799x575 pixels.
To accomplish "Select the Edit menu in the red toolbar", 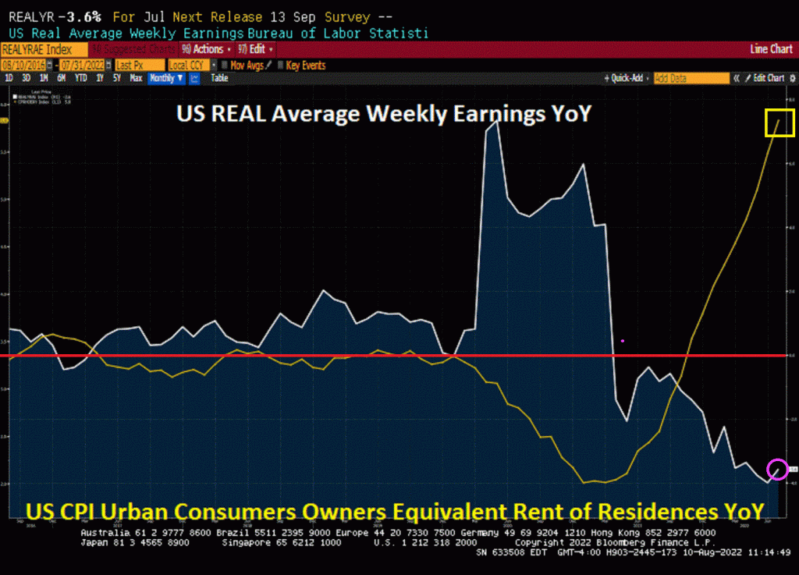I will [257, 49].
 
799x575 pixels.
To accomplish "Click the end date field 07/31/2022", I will [83, 66].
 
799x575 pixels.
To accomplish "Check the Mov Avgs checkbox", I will [225, 66].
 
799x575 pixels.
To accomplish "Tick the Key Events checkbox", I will [281, 66].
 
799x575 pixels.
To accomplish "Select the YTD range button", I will [80, 78].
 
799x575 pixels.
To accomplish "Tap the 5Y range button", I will [116, 78].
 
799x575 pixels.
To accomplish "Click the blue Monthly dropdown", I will [165, 78].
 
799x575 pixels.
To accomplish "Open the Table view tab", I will [219, 78].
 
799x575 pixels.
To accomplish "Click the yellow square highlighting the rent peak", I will [779, 123].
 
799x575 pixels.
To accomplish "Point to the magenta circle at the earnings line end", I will [778, 469].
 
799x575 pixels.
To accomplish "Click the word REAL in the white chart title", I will [240, 114].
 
